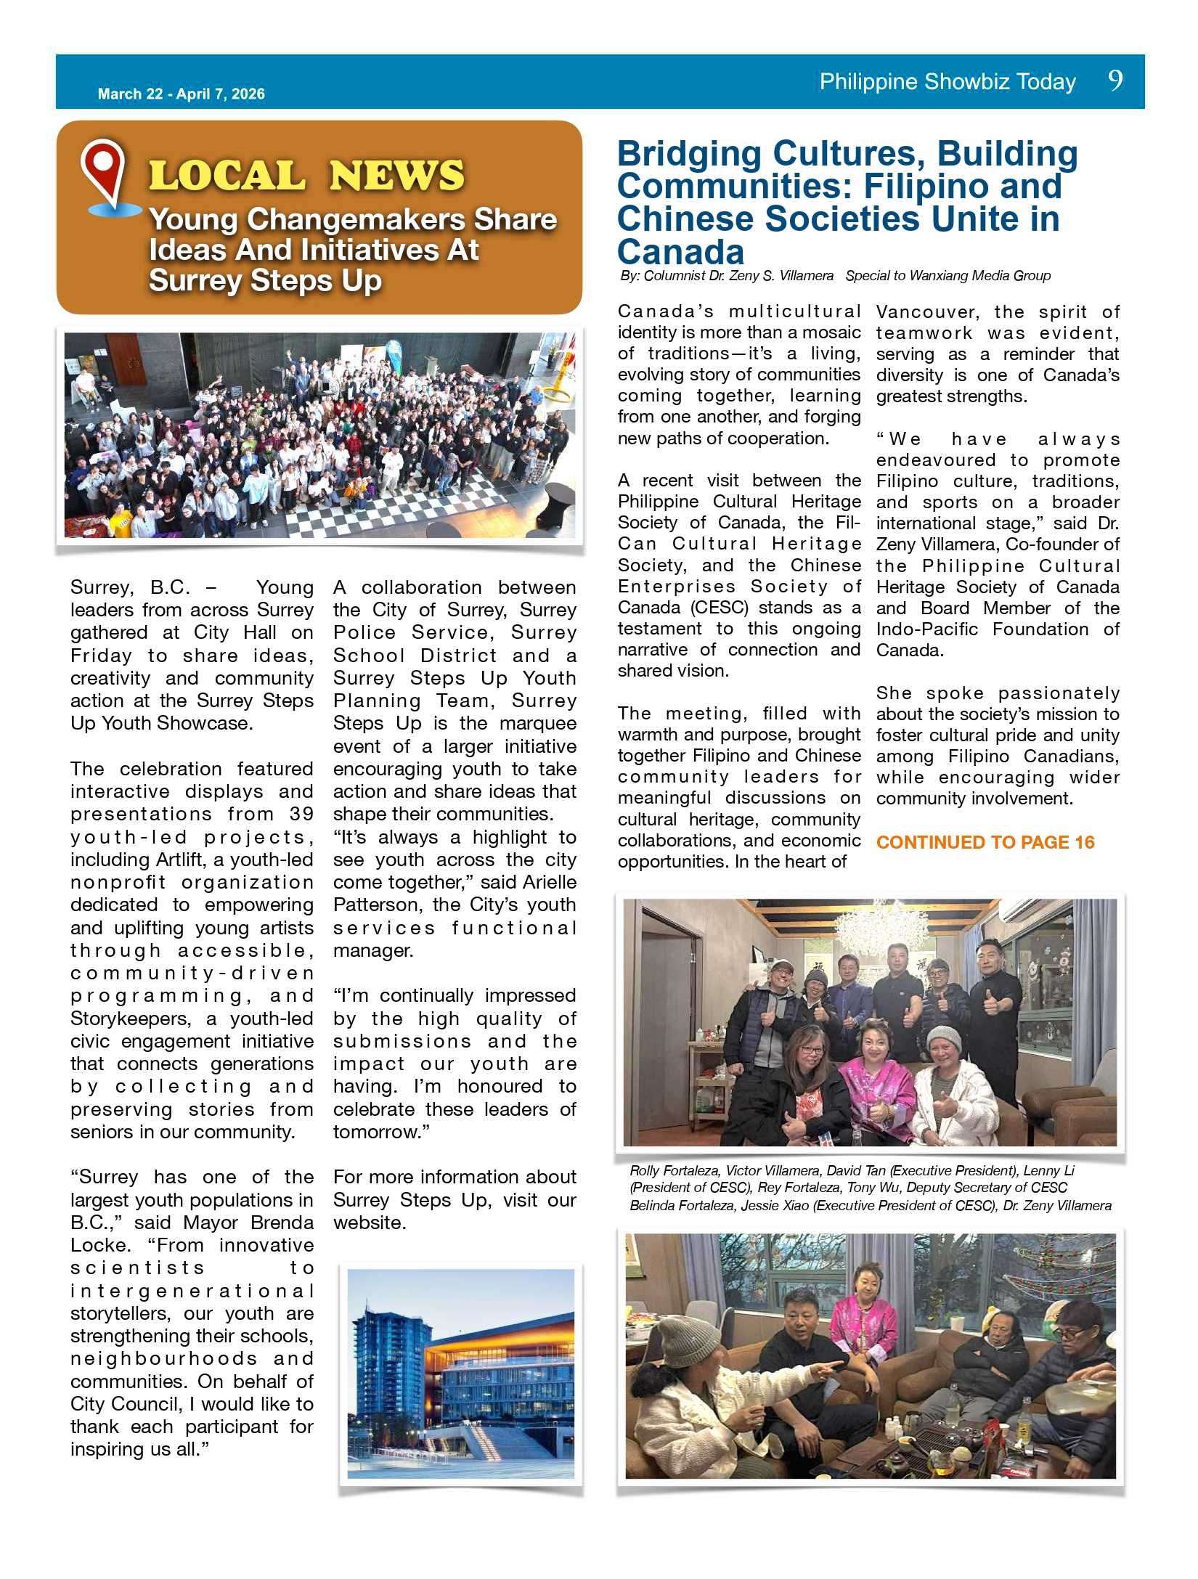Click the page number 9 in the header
tap(1115, 80)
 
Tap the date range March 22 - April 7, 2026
tap(181, 94)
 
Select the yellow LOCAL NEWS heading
tap(306, 176)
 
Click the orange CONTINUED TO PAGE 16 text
tap(985, 842)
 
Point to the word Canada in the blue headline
tap(680, 252)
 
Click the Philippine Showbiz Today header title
tap(948, 81)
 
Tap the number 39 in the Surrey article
tap(301, 814)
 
